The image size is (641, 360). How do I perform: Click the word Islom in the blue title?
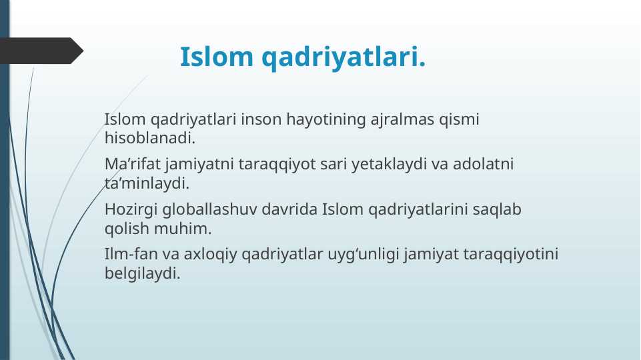click(x=217, y=57)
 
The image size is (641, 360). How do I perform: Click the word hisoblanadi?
click(x=150, y=138)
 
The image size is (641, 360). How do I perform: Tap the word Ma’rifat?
click(x=133, y=164)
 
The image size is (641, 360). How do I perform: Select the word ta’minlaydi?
click(x=147, y=184)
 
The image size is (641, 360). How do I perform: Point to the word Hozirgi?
click(x=131, y=210)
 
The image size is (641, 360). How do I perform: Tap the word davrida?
click(x=289, y=209)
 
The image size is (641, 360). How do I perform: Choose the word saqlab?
click(x=497, y=210)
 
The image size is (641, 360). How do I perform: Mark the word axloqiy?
click(x=210, y=255)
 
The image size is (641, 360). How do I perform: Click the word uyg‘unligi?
click(x=363, y=255)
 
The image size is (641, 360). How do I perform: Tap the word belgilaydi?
click(x=142, y=274)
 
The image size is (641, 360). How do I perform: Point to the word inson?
click(x=261, y=120)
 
